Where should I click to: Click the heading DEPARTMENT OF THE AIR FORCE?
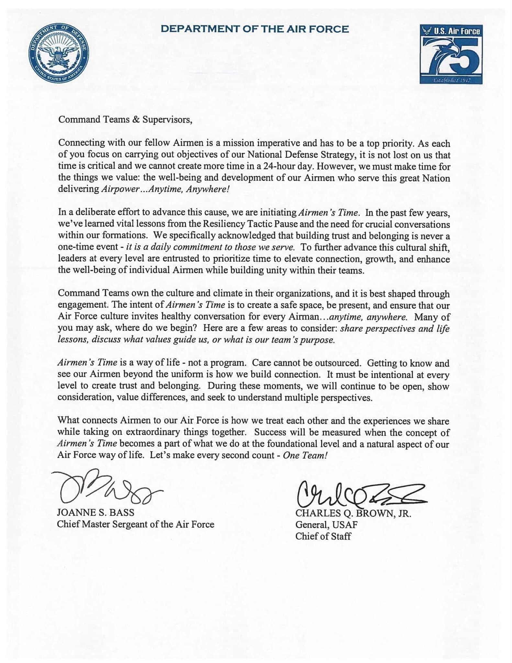click(x=255, y=29)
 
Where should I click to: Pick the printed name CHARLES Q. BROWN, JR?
click(x=353, y=514)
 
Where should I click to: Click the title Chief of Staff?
click(x=323, y=536)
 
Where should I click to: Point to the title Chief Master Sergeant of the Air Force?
click(x=136, y=524)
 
